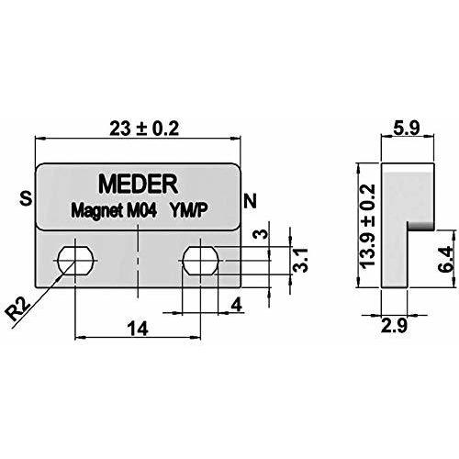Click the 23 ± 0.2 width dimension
[144, 129]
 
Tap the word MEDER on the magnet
[139, 184]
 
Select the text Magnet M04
[114, 210]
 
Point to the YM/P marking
[189, 210]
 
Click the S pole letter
[26, 198]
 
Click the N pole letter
[250, 201]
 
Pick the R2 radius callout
[18, 309]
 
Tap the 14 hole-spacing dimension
[138, 329]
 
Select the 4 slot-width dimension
[237, 305]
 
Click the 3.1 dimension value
[300, 260]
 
